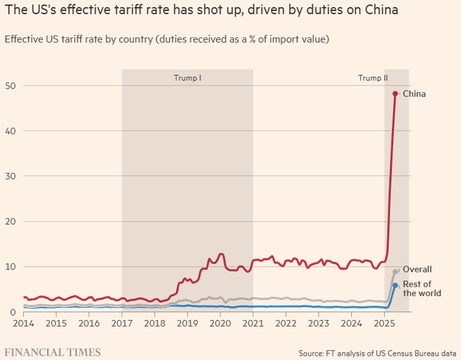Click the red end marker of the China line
pos(395,94)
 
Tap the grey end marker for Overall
pos(395,272)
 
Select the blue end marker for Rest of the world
pos(395,285)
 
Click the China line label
pos(414,94)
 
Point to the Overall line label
pos(416,269)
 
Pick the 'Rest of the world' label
pos(422,288)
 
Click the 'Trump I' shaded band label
pos(187,78)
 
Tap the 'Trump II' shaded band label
pos(373,78)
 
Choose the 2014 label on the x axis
pos(23,322)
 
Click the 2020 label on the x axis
pos(220,322)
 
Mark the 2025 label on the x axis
pos(384,322)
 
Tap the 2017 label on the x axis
pos(122,322)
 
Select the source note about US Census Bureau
pos(377,353)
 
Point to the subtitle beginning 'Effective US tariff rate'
pos(167,39)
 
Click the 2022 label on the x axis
pos(286,322)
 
